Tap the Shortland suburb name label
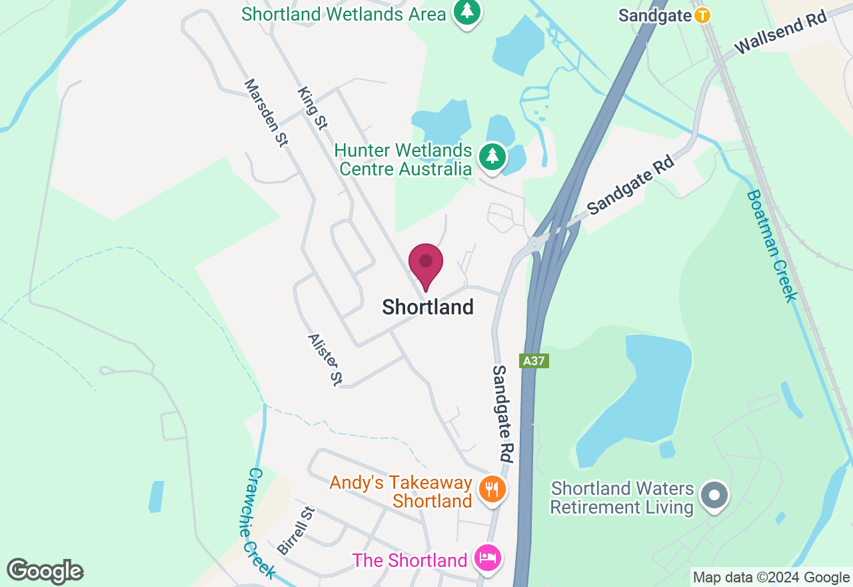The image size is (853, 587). (x=428, y=307)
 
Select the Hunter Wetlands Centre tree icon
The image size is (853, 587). (x=492, y=157)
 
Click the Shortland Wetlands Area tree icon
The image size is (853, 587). (x=467, y=11)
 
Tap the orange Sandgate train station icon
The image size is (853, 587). (x=702, y=15)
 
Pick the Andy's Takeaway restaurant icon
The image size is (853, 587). (x=492, y=490)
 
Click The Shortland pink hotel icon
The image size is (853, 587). (x=487, y=558)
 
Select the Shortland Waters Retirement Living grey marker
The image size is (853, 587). (x=715, y=496)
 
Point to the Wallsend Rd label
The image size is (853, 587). (x=780, y=32)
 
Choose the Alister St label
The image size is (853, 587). (x=325, y=360)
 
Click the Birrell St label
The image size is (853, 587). (x=295, y=531)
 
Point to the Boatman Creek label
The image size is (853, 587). (x=772, y=245)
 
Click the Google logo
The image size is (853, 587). (x=45, y=571)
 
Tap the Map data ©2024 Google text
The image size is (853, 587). (x=771, y=578)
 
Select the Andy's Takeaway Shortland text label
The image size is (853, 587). (x=401, y=491)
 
